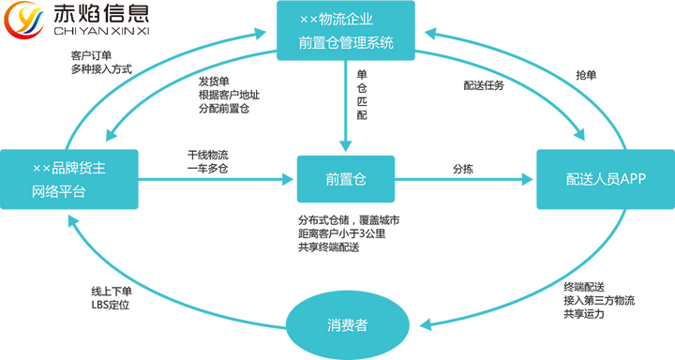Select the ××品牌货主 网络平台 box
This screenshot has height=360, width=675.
click(x=71, y=179)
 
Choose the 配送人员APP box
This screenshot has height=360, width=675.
click(x=605, y=179)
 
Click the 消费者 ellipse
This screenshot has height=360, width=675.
click(x=346, y=324)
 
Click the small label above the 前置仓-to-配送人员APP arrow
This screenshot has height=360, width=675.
click(x=462, y=168)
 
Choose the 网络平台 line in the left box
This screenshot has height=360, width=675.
click(x=58, y=191)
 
